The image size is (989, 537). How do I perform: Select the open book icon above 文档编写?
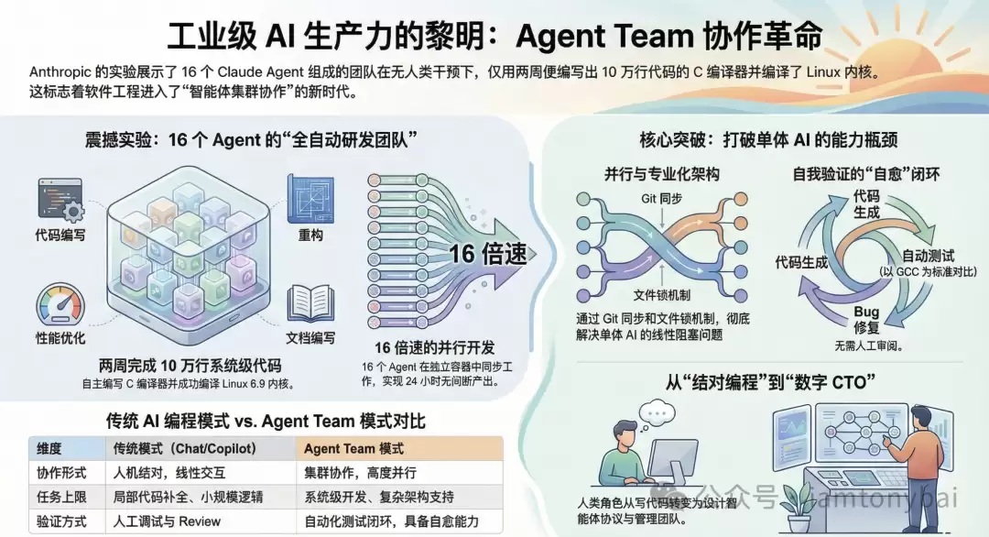pyautogui.click(x=310, y=302)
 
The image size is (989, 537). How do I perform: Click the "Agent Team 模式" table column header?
pyautogui.click(x=353, y=449)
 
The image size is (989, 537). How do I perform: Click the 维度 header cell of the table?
pyautogui.click(x=49, y=449)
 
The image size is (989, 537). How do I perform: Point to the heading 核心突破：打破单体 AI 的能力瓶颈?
pyautogui.click(x=767, y=140)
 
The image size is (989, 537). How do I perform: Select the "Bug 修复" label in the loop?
pyautogui.click(x=866, y=320)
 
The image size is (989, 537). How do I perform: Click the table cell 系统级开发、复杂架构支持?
pyautogui.click(x=379, y=497)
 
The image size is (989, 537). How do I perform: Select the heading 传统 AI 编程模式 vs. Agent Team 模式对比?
pyautogui.click(x=266, y=422)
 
